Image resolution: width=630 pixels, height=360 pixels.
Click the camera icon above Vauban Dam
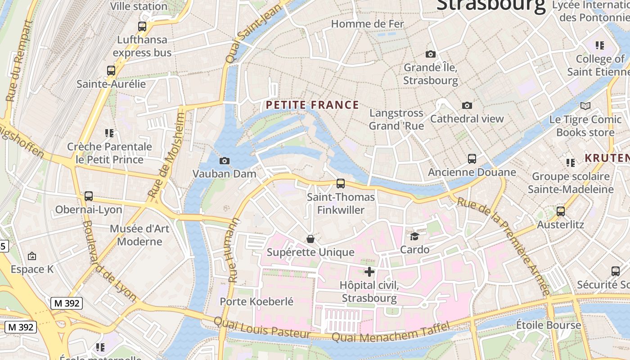224,161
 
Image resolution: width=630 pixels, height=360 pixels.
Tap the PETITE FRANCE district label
312,105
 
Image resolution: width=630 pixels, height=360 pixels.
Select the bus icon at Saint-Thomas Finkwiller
341,184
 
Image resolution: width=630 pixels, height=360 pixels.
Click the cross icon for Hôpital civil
369,272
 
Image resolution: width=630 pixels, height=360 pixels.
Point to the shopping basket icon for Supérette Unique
310,238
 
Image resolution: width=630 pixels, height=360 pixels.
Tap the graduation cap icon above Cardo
414,236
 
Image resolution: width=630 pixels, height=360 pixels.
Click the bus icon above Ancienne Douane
472,159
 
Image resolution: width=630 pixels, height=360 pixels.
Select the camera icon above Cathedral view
467,105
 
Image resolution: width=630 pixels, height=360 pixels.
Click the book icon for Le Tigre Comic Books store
585,106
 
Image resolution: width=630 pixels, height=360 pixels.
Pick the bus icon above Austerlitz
561,211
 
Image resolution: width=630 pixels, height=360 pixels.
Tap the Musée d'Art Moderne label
139,235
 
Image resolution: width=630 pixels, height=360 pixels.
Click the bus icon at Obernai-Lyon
89,196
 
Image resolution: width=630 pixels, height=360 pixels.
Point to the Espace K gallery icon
32,256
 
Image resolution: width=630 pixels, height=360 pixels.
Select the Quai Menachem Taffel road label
390,332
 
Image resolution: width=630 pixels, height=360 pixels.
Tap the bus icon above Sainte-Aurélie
111,71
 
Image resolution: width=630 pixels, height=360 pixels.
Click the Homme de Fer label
368,24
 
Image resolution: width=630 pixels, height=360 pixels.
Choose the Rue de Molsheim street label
166,155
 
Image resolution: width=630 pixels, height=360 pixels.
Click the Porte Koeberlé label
256,301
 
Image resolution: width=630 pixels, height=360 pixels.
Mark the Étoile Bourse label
548,325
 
